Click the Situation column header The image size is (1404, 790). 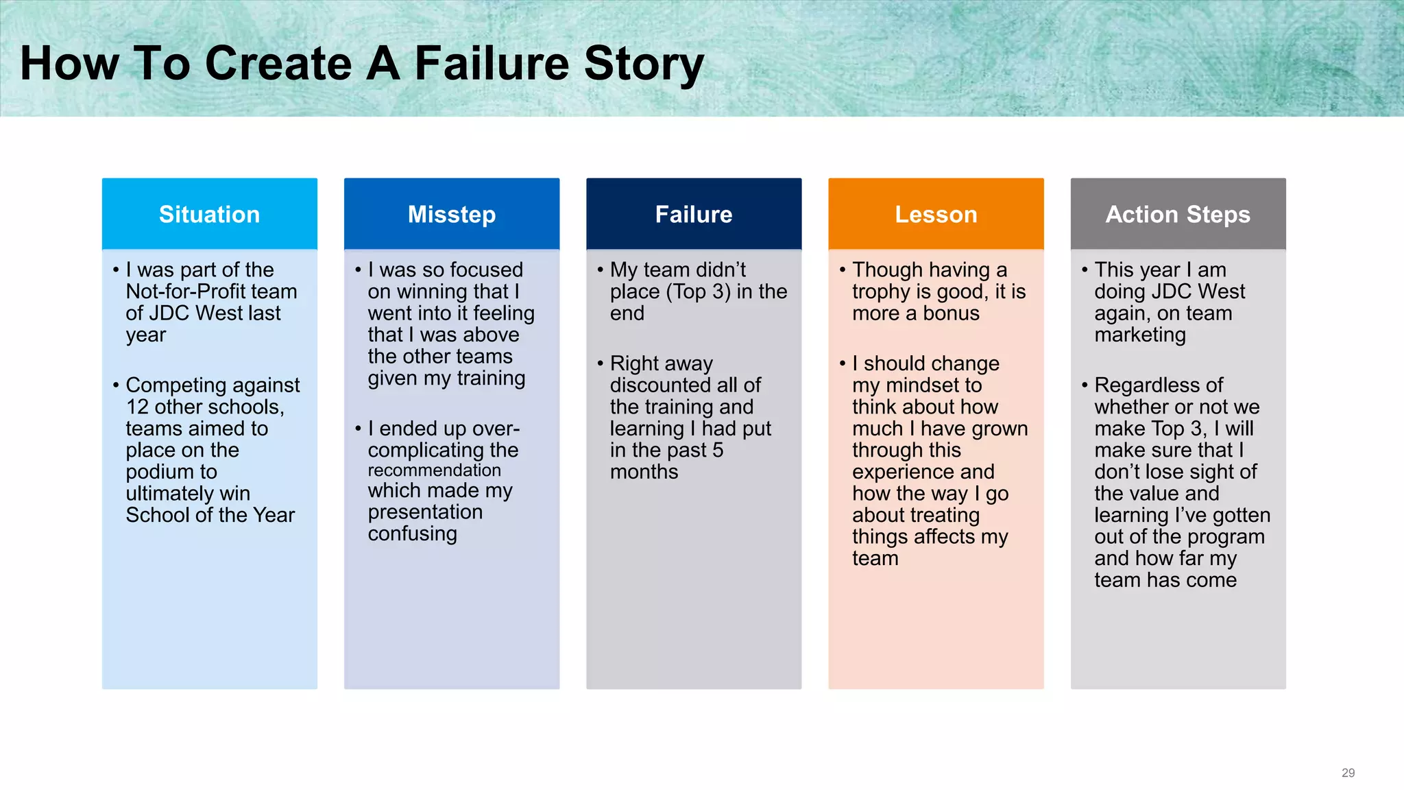coord(209,215)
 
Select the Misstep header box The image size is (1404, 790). coord(451,215)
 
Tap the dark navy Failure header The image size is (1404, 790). coord(693,215)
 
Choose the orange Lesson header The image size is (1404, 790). coord(936,215)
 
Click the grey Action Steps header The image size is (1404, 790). coord(1178,215)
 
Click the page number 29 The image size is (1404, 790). coord(1348,773)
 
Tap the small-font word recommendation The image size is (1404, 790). coord(434,470)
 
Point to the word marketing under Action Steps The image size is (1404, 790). coord(1139,335)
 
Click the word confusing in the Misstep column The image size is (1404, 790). coord(412,534)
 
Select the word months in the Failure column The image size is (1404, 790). coord(644,472)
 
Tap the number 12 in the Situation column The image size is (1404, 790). coord(137,407)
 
